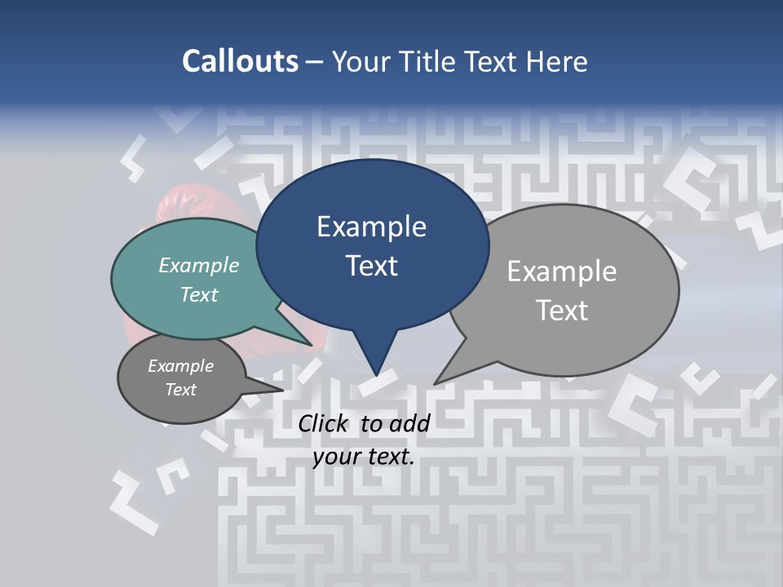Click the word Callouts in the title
[x=240, y=61]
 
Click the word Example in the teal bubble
[x=199, y=265]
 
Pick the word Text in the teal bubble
[x=199, y=294]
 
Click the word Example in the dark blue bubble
[x=371, y=227]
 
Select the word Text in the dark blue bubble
[x=371, y=266]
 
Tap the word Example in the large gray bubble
[x=562, y=271]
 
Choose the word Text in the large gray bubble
[x=562, y=311]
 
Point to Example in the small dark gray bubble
[x=180, y=366]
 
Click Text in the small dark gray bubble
[x=180, y=390]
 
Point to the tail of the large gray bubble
[x=445, y=375]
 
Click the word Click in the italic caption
[x=325, y=423]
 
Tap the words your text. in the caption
[x=364, y=457]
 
